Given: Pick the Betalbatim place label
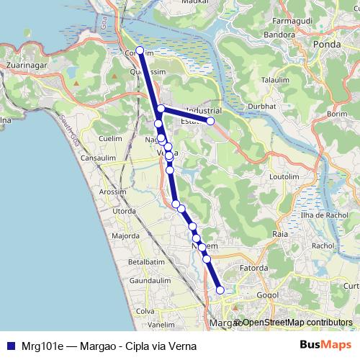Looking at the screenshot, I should coord(147,261).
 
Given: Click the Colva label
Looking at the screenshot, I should coord(145,311).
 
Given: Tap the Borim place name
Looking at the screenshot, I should coord(337,114).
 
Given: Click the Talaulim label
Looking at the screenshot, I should coord(274,79).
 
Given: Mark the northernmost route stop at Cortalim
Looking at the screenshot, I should coord(140,51).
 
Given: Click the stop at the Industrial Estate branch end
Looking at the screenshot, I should coord(211,121).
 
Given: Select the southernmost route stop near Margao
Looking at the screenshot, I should coord(220,290).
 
